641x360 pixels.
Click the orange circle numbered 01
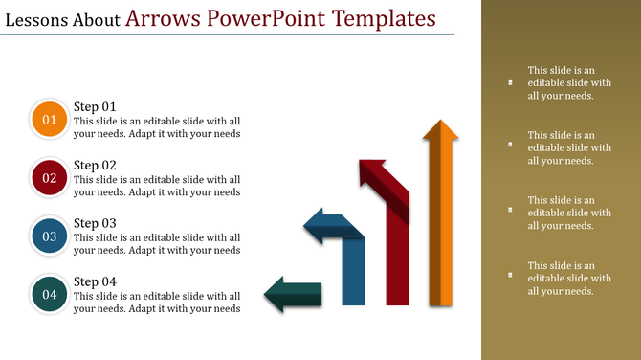tap(49, 121)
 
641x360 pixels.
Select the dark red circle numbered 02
tap(49, 178)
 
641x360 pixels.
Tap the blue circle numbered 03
tap(49, 236)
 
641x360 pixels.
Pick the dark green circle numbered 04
tap(49, 295)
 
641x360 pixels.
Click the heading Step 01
tap(95, 106)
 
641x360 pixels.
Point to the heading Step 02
tap(95, 165)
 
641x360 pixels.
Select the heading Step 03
tap(95, 223)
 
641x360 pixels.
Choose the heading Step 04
tap(95, 281)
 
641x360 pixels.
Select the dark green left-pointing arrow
tap(293, 294)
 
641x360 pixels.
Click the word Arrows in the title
tap(168, 18)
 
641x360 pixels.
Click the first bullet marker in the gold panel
tap(510, 83)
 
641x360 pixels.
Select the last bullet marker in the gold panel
tap(510, 276)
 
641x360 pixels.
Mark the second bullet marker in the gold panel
tap(510, 146)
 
